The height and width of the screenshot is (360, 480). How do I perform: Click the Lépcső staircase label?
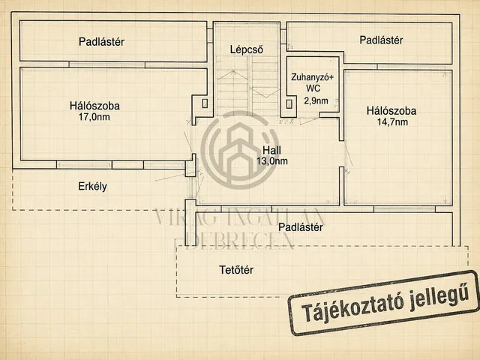tap(247, 49)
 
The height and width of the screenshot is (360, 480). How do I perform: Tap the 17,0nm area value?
tap(94, 117)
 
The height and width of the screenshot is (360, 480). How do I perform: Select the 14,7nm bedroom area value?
tap(392, 122)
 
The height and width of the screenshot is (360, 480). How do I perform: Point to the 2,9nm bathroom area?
tap(316, 100)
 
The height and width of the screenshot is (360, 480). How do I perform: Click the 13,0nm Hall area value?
tap(272, 161)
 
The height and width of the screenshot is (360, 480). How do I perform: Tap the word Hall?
tap(271, 150)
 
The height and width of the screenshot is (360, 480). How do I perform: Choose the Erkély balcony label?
tap(92, 187)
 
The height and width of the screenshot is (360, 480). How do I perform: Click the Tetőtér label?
tap(236, 270)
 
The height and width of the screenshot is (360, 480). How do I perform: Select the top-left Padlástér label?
tap(101, 42)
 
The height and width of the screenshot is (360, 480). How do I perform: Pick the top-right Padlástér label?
tap(381, 40)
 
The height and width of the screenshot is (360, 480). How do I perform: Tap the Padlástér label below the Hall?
tap(301, 227)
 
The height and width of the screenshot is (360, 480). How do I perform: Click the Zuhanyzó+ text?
tap(312, 77)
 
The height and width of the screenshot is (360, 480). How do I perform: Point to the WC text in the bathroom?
tap(313, 88)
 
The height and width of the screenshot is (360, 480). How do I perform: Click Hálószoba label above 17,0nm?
tap(94, 106)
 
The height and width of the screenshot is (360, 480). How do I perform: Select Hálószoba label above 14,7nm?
tap(391, 111)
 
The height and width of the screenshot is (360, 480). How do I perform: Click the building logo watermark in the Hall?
tap(240, 150)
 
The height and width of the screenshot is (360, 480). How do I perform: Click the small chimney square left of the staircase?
tap(205, 103)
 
